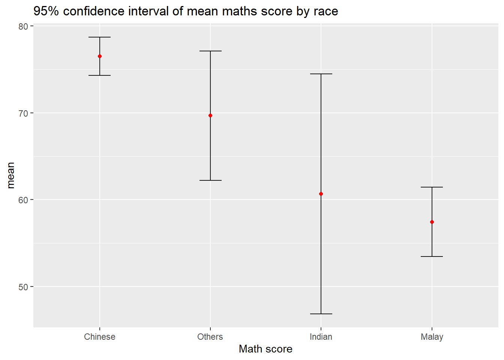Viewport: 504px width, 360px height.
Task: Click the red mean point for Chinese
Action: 100,56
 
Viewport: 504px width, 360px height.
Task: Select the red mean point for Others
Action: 210,115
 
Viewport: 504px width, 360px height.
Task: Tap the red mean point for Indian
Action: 321,194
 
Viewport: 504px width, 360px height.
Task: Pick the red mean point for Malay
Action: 432,222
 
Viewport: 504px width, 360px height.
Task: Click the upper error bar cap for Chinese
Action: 100,37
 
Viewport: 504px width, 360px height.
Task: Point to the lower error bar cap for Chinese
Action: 100,75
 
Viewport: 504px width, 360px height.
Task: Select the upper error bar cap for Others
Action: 210,51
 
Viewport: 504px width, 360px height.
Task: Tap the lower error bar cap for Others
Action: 210,180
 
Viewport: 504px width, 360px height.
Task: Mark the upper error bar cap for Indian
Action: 321,74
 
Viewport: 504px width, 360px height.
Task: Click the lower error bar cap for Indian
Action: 321,313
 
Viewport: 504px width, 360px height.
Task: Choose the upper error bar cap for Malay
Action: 432,187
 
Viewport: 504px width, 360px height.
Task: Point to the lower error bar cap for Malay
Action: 432,256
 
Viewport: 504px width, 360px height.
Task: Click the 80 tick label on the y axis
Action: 23,26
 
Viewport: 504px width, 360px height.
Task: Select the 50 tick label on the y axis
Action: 23,287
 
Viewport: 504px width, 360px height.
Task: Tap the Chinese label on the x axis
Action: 100,337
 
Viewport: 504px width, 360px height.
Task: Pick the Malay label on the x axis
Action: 432,337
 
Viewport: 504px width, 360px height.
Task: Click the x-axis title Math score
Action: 265,349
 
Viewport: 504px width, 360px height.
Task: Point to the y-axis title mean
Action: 10,175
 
